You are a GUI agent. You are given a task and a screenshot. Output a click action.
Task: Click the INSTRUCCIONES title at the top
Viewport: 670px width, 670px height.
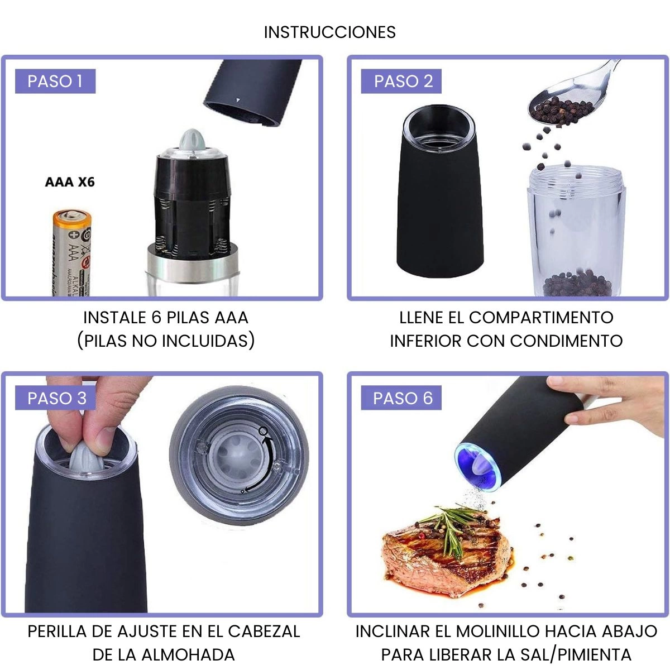point(329,32)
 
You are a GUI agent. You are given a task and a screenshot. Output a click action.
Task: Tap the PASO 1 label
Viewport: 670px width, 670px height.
point(55,81)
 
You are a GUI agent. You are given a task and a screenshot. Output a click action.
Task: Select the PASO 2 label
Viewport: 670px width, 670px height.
point(401,81)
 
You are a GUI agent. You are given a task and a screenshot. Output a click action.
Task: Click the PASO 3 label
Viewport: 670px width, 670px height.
point(55,398)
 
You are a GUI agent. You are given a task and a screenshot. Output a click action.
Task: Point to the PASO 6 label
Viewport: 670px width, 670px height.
point(401,398)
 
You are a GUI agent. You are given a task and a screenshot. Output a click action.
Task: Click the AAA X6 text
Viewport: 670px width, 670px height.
point(70,182)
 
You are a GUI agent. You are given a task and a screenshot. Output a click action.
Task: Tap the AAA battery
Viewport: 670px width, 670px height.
point(72,253)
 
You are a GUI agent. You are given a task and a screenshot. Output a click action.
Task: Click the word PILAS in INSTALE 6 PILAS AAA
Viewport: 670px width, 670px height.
point(188,318)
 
